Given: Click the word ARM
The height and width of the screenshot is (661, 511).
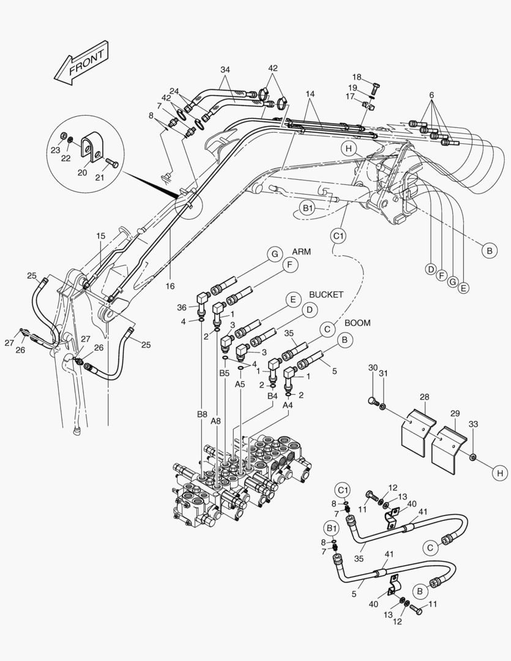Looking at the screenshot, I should point(302,252).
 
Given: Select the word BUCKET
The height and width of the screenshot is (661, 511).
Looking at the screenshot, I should point(326,294).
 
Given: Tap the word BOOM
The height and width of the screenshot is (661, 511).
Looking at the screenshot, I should point(357,323).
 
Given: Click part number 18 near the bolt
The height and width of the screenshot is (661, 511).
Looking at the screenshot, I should point(357,77).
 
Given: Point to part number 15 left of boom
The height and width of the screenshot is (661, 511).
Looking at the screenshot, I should point(100,235).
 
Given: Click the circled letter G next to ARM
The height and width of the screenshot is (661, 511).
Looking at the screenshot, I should point(275,253).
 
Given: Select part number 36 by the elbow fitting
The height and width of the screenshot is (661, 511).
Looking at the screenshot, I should point(182,307).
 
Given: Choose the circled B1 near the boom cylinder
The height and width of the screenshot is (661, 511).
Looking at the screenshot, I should point(308,208).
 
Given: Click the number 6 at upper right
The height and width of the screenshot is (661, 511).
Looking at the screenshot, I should point(431,95).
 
